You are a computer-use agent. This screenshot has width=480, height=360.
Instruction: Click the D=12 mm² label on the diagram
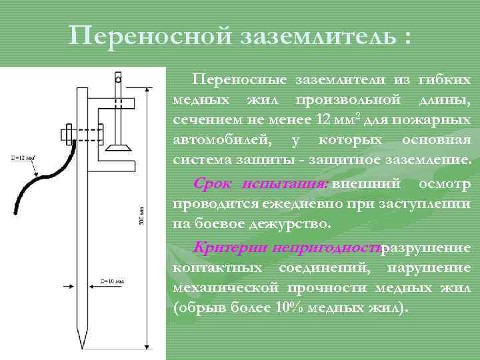tap(23, 158)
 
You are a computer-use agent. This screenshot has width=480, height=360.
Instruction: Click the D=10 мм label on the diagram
tap(112, 281)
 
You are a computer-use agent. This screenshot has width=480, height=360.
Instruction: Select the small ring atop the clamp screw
tap(118, 79)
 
